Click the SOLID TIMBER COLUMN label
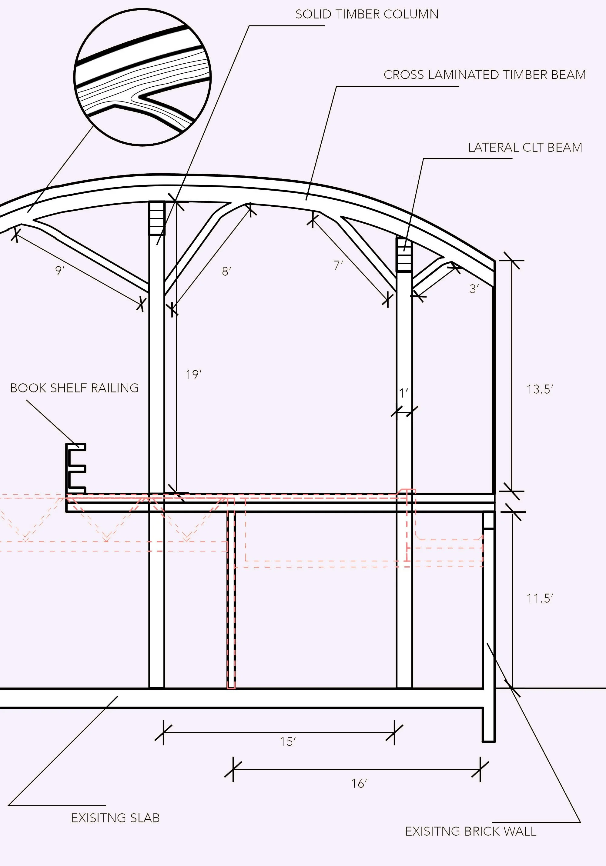(367, 14)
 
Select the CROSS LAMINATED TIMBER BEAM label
(484, 75)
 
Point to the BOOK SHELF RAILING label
(74, 388)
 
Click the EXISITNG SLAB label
(115, 818)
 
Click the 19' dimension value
(193, 375)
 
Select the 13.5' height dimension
(540, 389)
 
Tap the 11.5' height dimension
(540, 598)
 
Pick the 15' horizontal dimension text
(287, 742)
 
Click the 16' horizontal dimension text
(359, 784)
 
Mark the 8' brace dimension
(226, 271)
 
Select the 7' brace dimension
(338, 265)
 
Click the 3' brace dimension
(474, 288)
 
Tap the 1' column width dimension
(403, 393)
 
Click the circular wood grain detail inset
(142, 77)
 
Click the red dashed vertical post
(231, 596)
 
